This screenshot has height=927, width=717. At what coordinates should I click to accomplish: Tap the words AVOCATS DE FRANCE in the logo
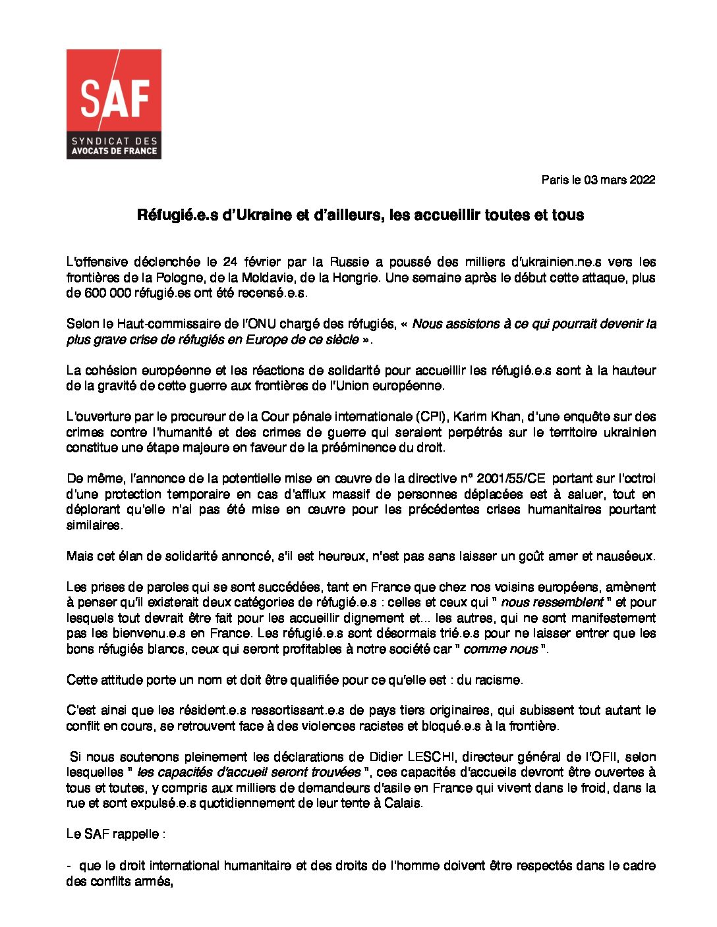(x=114, y=151)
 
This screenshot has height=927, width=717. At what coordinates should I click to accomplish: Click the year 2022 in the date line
(x=642, y=180)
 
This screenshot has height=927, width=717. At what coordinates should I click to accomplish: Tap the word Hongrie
(x=355, y=278)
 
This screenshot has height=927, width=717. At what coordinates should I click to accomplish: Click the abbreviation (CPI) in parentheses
(x=432, y=417)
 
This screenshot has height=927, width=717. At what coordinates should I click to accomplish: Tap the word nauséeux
(x=627, y=556)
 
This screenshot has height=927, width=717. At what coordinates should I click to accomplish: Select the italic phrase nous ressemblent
(x=552, y=602)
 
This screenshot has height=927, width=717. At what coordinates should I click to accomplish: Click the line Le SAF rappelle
(x=115, y=834)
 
